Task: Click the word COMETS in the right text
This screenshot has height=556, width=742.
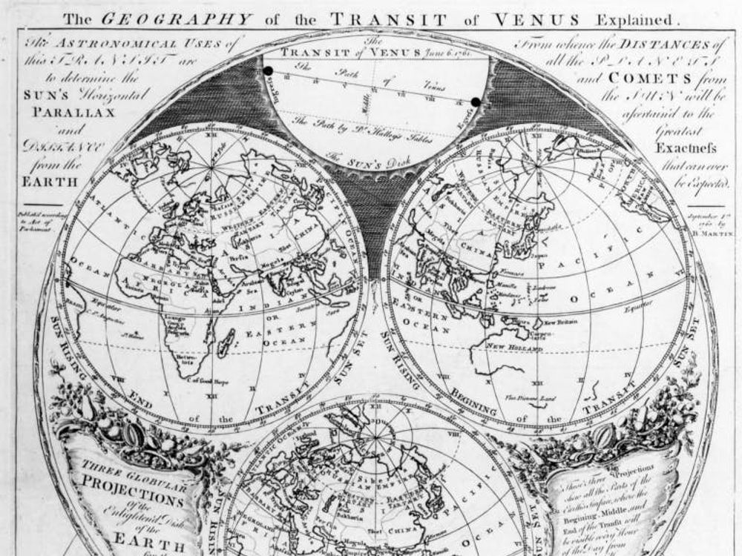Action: click(643, 79)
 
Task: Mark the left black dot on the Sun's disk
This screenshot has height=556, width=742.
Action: click(267, 70)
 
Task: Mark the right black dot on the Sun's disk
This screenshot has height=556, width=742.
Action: click(475, 102)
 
